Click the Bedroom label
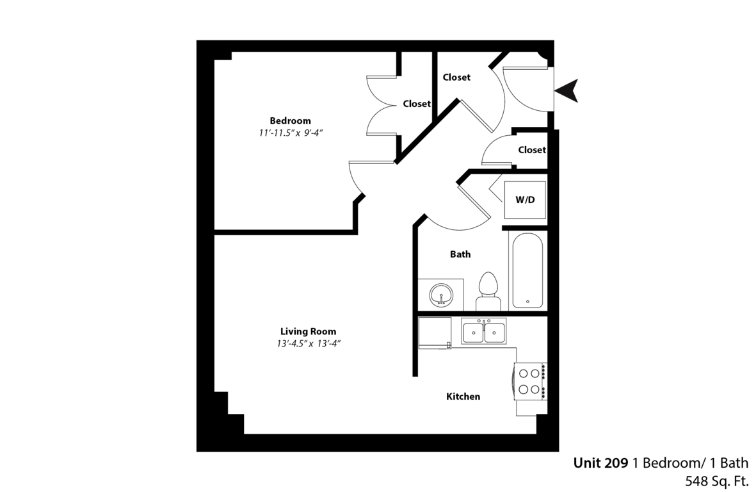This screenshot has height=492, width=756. pos(290,120)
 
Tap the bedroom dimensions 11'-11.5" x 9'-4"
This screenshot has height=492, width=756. pos(290,133)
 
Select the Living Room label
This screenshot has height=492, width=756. pos(308,331)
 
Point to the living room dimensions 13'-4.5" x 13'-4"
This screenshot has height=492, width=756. pos(309,344)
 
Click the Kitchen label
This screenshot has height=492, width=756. pos(463,397)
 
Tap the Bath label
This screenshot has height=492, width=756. pos(460,254)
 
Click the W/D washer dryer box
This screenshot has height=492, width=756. pos(525,200)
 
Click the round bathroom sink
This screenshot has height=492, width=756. pos(440,295)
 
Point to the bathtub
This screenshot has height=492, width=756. pos(527,270)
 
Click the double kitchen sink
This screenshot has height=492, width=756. pos(483,331)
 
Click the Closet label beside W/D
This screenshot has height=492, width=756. pos(532,150)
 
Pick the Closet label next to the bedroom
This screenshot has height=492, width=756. pos(417,104)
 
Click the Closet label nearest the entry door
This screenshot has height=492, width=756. pos(456,77)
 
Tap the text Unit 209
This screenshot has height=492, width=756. pos(600,463)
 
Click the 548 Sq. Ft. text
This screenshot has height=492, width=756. pos(716,481)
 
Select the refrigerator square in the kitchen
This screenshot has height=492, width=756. pos(435,332)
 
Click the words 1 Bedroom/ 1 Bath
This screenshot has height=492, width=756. pos(691,463)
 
